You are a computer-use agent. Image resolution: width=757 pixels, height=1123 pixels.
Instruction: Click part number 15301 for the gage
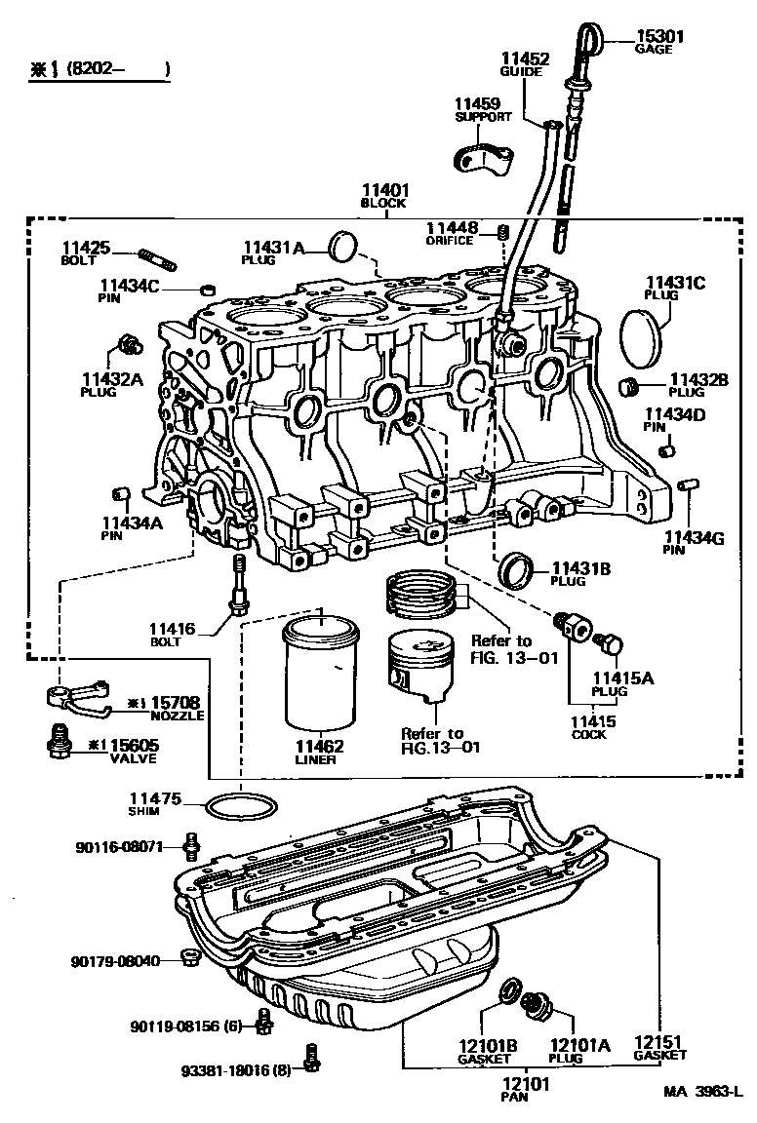point(660,36)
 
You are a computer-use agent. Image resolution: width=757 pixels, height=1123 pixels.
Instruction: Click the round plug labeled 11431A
point(341,248)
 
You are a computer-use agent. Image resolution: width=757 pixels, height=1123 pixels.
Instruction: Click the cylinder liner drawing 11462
point(321,674)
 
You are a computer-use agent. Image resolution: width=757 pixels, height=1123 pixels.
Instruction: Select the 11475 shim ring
point(241,806)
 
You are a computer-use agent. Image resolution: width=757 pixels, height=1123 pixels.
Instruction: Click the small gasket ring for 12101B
point(508,993)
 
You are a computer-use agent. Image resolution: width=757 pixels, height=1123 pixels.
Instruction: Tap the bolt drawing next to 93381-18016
point(312,1058)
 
